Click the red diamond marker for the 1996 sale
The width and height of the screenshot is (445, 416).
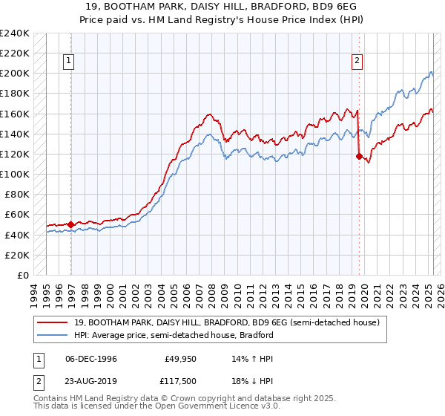tap(71, 224)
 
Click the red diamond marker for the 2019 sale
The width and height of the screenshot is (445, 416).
tap(359, 156)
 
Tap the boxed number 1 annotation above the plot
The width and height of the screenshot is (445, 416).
tap(68, 62)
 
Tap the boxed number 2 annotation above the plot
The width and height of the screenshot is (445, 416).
tap(357, 62)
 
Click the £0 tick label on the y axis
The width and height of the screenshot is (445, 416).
tap(22, 275)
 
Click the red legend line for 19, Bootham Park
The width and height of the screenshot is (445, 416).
tap(51, 322)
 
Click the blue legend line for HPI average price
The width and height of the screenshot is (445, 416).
tap(51, 335)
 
